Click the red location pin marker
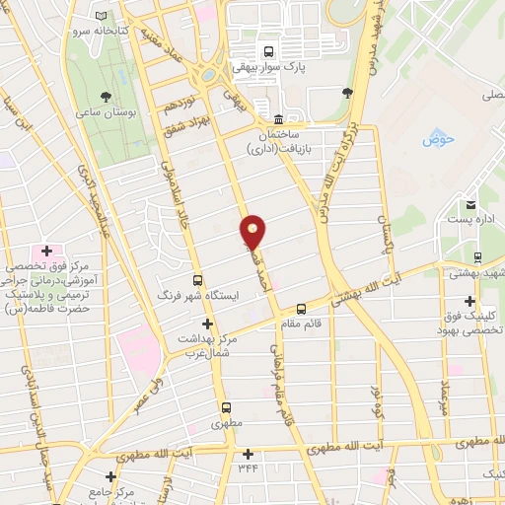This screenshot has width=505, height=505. pyautogui.click(x=253, y=231)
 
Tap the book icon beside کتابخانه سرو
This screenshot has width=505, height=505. pyautogui.click(x=103, y=16)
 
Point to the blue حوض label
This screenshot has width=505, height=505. pyautogui.click(x=436, y=139)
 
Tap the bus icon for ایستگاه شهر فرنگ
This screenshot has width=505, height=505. pyautogui.click(x=198, y=280)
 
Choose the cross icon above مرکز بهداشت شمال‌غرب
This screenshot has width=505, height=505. pyautogui.click(x=207, y=323)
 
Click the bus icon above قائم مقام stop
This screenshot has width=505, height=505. pyautogui.click(x=301, y=309)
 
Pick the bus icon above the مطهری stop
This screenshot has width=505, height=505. pyautogui.click(x=227, y=406)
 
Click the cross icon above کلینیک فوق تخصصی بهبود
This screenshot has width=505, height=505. pyautogui.click(x=469, y=301)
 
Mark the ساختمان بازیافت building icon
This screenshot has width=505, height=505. pyautogui.click(x=262, y=107)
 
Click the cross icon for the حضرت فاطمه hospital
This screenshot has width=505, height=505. pyautogui.click(x=46, y=249)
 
